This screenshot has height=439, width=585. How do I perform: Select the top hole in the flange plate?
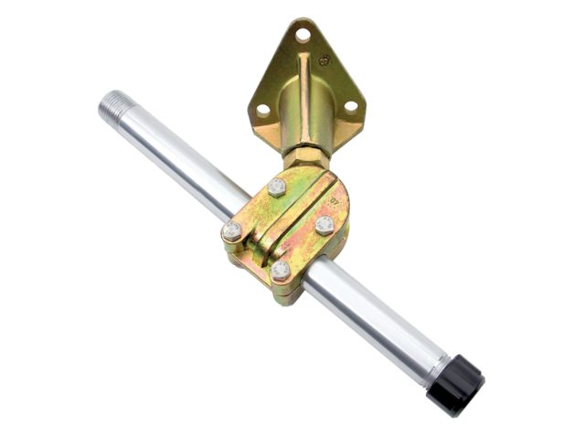tap(302, 35)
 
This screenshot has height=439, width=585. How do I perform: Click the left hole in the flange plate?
tap(262, 109)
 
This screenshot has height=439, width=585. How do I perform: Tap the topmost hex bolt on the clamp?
tap(276, 187)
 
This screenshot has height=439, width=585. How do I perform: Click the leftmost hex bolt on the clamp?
tap(232, 230)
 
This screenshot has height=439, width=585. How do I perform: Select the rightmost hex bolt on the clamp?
tap(324, 225)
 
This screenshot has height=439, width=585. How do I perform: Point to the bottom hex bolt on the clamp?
tap(282, 271)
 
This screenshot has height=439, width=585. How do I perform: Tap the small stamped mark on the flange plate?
tap(324, 61)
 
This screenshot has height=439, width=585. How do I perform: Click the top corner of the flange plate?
tap(303, 21)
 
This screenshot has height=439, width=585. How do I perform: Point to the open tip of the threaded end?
tap(103, 99)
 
